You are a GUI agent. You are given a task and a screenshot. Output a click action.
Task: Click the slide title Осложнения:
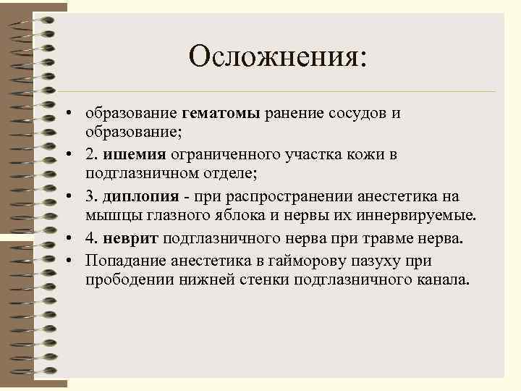point(278,56)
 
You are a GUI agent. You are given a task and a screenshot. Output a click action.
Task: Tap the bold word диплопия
point(137,196)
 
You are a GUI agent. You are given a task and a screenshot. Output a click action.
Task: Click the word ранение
point(292,114)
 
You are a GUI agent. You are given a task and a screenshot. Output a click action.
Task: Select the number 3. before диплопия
point(90,196)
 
